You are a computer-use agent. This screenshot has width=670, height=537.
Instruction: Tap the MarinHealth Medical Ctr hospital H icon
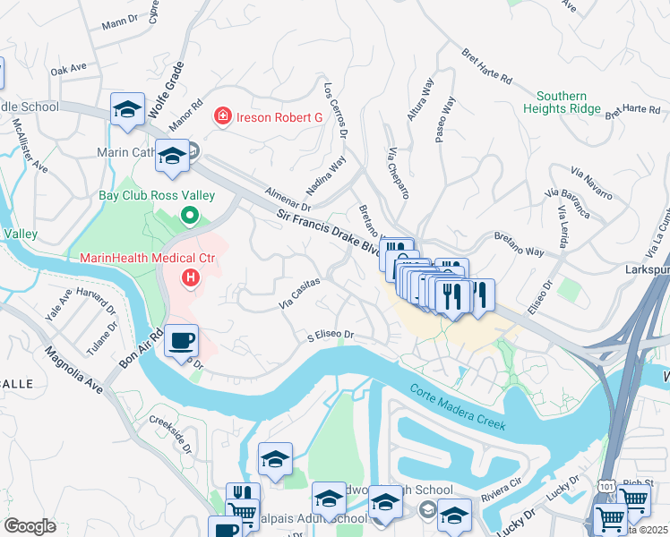[190, 279]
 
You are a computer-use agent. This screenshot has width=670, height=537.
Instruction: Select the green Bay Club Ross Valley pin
[189, 216]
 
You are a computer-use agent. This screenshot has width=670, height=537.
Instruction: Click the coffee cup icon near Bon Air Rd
[182, 341]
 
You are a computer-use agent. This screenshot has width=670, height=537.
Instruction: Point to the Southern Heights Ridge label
[568, 102]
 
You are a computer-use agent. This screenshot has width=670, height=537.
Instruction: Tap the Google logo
[30, 525]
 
